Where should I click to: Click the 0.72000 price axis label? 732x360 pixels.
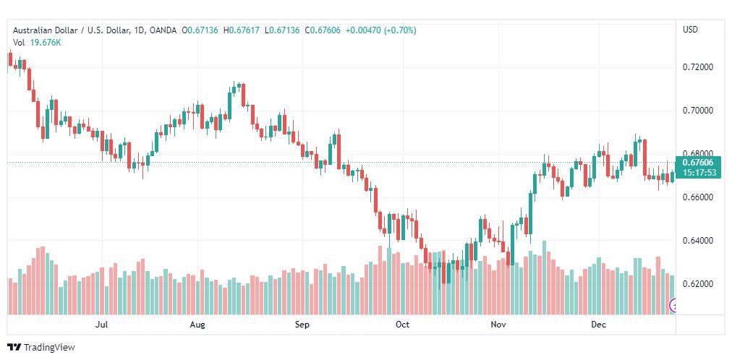(x=699, y=67)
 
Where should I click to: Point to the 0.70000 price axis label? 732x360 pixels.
(x=699, y=111)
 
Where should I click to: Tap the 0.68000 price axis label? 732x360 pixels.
(x=699, y=153)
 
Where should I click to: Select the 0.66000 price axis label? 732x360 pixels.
(x=699, y=197)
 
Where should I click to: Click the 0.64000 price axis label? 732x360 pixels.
(x=699, y=241)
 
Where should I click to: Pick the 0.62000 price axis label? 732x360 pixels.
(x=699, y=284)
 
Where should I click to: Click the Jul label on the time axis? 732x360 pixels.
(x=101, y=325)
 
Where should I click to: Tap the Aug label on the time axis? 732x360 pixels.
(x=197, y=325)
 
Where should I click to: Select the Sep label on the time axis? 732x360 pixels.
(x=302, y=325)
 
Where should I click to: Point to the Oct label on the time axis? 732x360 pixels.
(x=402, y=325)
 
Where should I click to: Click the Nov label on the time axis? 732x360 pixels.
(x=498, y=325)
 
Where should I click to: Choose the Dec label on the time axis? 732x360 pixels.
(x=598, y=325)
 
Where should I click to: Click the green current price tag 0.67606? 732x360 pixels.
(x=697, y=163)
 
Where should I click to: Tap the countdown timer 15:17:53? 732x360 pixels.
(x=697, y=173)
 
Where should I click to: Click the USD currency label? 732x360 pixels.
(x=690, y=30)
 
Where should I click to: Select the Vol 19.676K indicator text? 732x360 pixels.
(x=37, y=43)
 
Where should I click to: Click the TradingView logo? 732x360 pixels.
(x=42, y=348)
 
